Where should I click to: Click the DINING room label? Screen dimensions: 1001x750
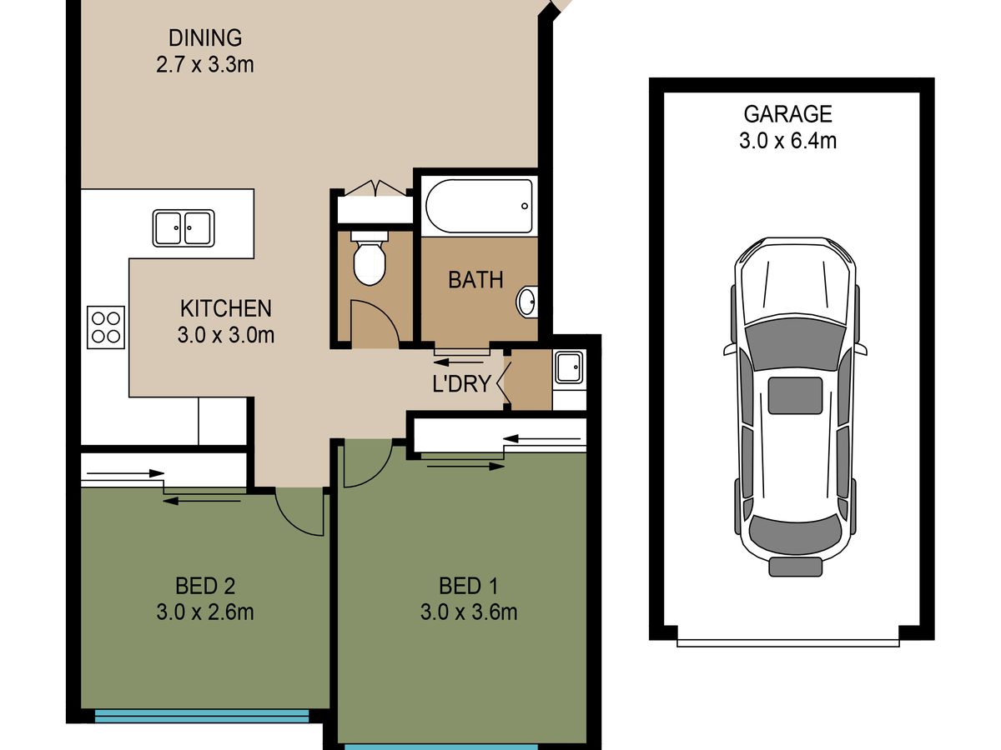pyautogui.click(x=205, y=37)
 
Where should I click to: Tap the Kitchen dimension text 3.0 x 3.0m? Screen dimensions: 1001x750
pyautogui.click(x=226, y=335)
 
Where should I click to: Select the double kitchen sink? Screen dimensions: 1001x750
pyautogui.click(x=184, y=228)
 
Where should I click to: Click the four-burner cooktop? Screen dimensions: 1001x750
pyautogui.click(x=106, y=327)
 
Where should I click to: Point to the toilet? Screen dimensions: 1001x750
pyautogui.click(x=370, y=258)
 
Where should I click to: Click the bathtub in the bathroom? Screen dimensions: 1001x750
pyautogui.click(x=480, y=206)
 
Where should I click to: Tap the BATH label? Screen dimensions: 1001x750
pyautogui.click(x=475, y=280)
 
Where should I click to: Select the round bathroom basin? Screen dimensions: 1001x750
pyautogui.click(x=526, y=302)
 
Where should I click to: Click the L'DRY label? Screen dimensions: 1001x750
pyautogui.click(x=461, y=384)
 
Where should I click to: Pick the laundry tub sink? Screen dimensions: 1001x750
pyautogui.click(x=569, y=367)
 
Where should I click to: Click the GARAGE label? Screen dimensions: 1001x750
pyautogui.click(x=788, y=114)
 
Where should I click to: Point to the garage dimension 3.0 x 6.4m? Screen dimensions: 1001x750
pyautogui.click(x=788, y=141)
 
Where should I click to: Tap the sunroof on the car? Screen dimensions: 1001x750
pyautogui.click(x=795, y=395)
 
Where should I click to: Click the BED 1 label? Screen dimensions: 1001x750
pyautogui.click(x=469, y=586)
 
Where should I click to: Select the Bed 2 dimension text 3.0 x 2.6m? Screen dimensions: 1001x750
pyautogui.click(x=205, y=612)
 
